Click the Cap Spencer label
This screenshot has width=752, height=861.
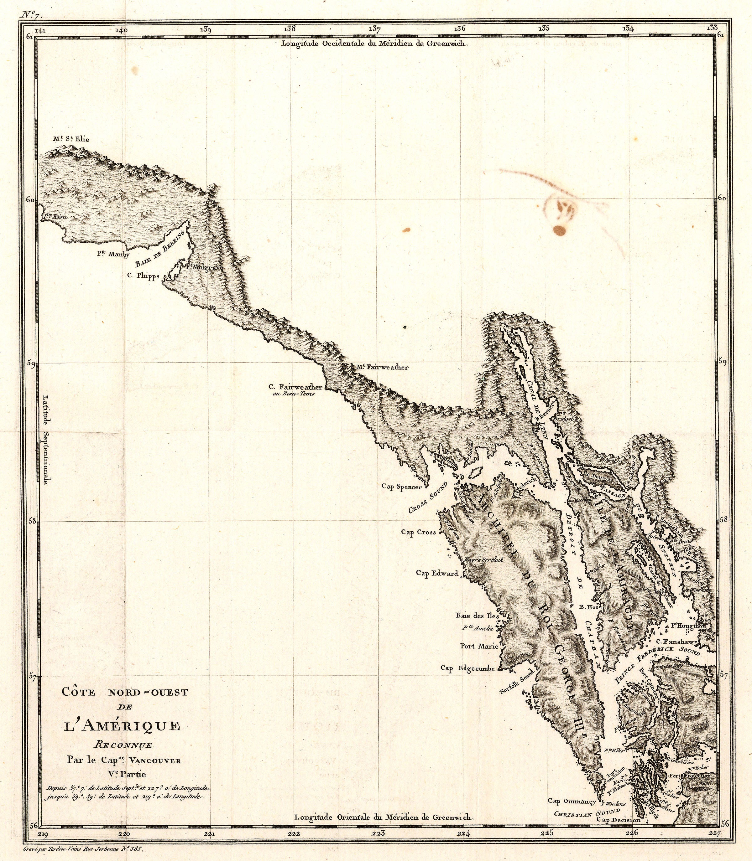click(402, 487)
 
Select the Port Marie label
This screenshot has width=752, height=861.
click(479, 646)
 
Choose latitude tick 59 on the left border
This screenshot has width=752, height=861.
click(30, 364)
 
